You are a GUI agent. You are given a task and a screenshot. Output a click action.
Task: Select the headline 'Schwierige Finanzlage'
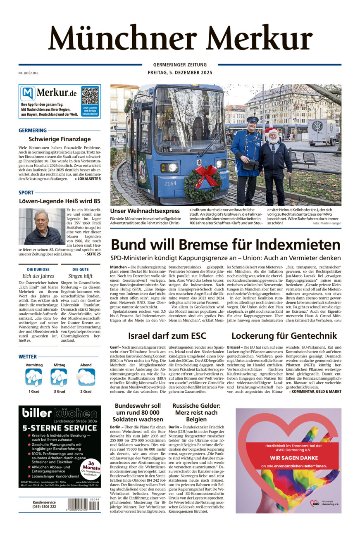click(x=60, y=140)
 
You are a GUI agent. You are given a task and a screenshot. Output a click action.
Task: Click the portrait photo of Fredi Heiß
click(x=41, y=226)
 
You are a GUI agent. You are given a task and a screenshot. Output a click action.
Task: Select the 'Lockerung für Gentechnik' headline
click(x=284, y=335)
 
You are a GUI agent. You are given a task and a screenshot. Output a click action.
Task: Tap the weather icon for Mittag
click(x=59, y=377)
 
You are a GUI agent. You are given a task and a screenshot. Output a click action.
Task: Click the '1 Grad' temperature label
click(x=34, y=391)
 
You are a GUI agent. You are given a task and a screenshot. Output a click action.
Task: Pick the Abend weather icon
click(x=86, y=377)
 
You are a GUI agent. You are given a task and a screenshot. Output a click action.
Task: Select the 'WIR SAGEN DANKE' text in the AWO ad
click(x=288, y=458)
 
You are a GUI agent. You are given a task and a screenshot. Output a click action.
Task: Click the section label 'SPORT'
click(x=26, y=192)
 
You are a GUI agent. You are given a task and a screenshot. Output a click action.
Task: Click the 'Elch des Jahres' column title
click(x=38, y=276)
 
